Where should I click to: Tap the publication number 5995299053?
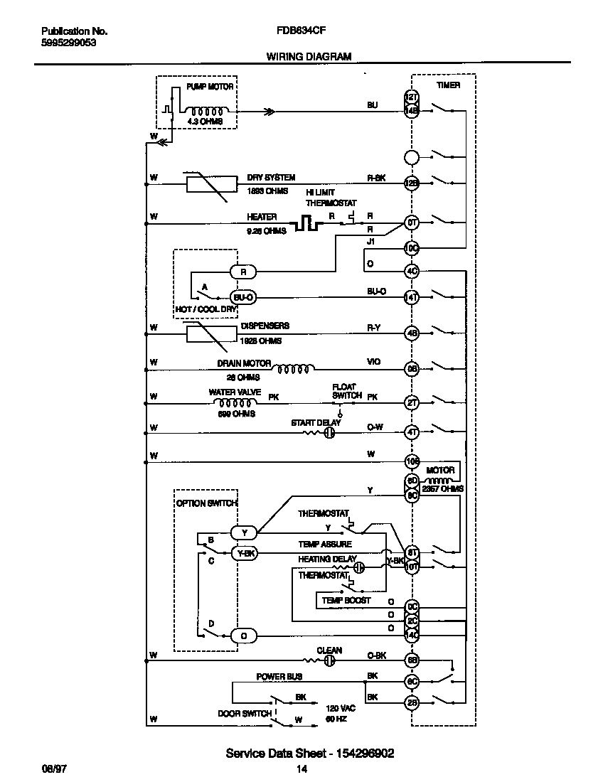click(69, 43)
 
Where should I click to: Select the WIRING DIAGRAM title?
click(309, 56)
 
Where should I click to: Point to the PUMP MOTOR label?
click(210, 86)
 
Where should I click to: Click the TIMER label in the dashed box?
click(448, 85)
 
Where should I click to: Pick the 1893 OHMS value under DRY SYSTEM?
click(267, 191)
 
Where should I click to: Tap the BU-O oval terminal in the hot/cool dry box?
click(242, 297)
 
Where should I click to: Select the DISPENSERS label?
click(265, 326)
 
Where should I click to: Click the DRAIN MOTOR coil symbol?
click(293, 368)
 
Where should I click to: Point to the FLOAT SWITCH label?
click(346, 392)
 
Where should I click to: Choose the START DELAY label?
click(316, 423)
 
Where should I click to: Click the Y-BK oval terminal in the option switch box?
click(243, 552)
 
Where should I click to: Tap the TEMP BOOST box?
click(346, 601)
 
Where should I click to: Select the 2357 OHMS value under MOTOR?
click(443, 489)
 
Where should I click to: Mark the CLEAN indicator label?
click(329, 650)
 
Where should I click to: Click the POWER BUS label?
click(279, 677)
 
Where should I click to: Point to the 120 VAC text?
click(340, 709)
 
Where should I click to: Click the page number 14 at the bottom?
click(301, 769)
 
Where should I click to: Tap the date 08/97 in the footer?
click(52, 769)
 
